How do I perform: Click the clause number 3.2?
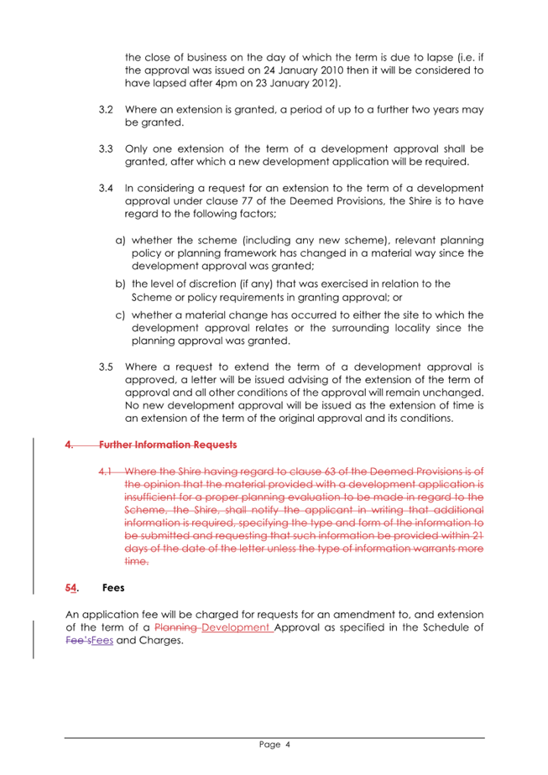pyautogui.click(x=106, y=110)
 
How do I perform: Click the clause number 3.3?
pyautogui.click(x=106, y=148)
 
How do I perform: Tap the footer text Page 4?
pyautogui.click(x=274, y=743)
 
